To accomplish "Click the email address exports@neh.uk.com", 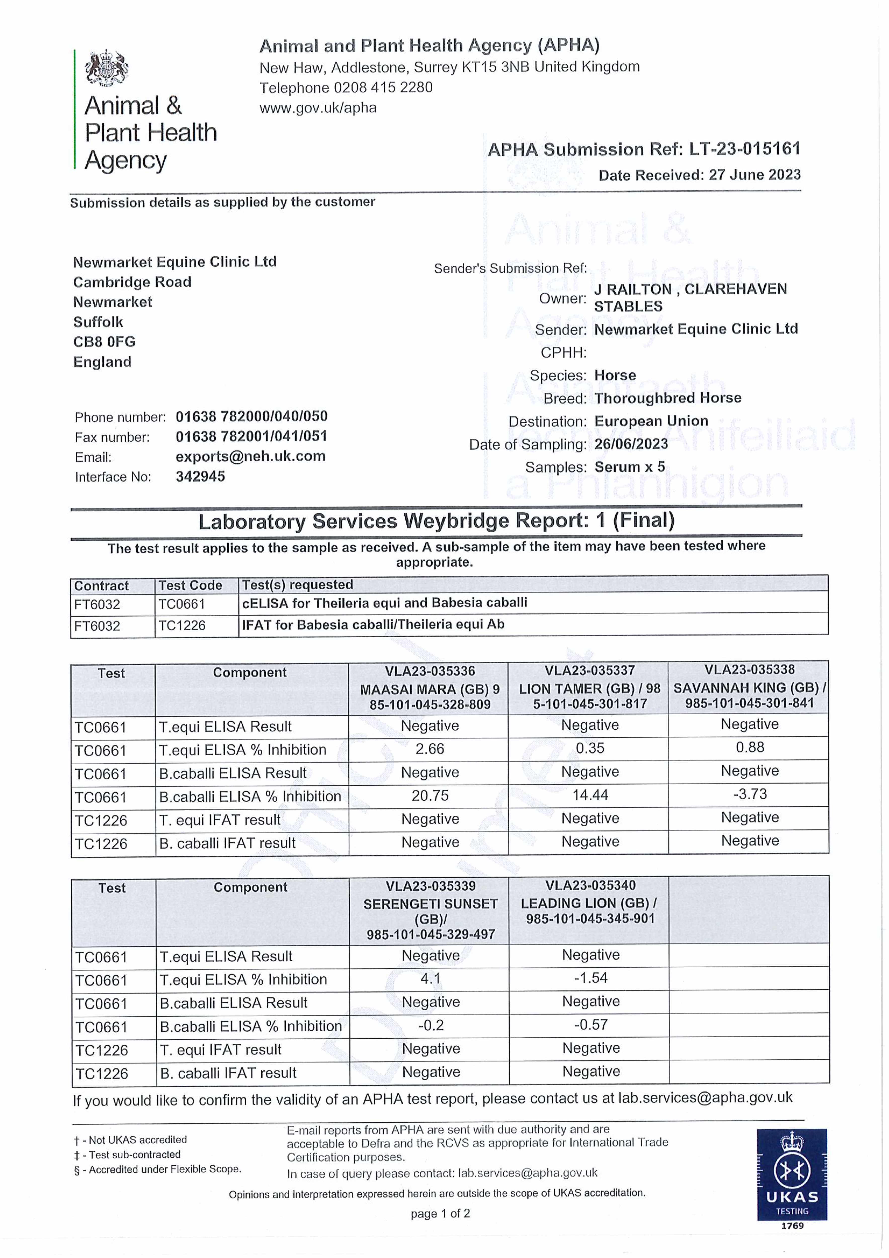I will (x=250, y=456).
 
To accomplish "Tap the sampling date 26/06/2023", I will (x=631, y=444).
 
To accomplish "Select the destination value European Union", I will (x=651, y=421).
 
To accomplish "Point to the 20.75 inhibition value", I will (x=430, y=796).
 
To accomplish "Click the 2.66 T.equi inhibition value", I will (x=430, y=749).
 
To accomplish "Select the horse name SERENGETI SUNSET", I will (x=431, y=904).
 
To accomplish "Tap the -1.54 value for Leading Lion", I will (x=590, y=978).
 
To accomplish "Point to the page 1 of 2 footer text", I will (x=440, y=1214).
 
